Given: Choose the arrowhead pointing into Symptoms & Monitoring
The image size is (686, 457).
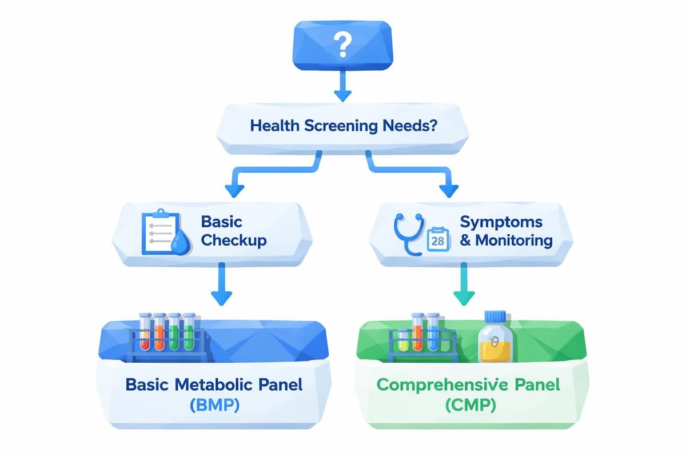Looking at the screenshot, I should (450, 190).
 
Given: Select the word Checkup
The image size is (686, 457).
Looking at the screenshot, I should (233, 240).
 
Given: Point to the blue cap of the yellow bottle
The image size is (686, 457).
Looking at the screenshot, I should (496, 316).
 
